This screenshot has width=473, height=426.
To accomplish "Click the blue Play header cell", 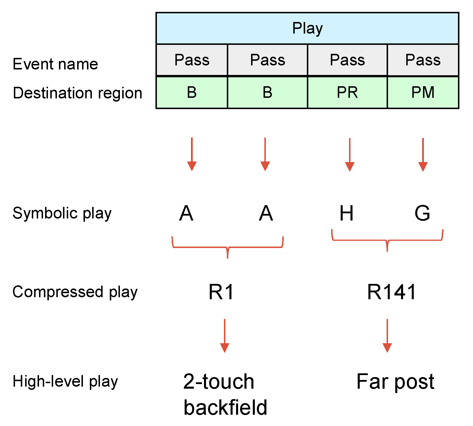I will (x=307, y=28).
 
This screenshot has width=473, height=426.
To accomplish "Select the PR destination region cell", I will (x=347, y=93).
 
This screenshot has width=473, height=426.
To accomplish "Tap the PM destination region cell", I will (x=423, y=93).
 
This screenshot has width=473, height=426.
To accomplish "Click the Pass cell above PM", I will (x=423, y=60).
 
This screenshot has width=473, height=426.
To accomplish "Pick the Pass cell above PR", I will (x=347, y=60).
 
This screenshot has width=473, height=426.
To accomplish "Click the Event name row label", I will (x=55, y=64).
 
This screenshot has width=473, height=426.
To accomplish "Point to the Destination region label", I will (x=77, y=93).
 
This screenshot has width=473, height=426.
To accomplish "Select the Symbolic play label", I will (x=62, y=214).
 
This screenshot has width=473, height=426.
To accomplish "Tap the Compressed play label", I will (x=75, y=292).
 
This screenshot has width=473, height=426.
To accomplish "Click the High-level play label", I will (x=65, y=381).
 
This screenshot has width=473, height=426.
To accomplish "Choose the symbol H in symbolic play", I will (x=346, y=213).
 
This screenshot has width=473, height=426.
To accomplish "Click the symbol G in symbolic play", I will (x=422, y=213).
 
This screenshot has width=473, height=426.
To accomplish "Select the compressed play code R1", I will (x=221, y=292).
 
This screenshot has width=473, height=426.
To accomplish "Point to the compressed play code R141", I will (x=392, y=292).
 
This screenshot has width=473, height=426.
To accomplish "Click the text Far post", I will (x=395, y=382).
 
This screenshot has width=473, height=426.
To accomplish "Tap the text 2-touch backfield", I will (x=225, y=394).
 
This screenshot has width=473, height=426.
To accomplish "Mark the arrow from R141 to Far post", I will (x=387, y=336).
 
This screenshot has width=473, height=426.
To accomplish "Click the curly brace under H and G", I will (x=387, y=240).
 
